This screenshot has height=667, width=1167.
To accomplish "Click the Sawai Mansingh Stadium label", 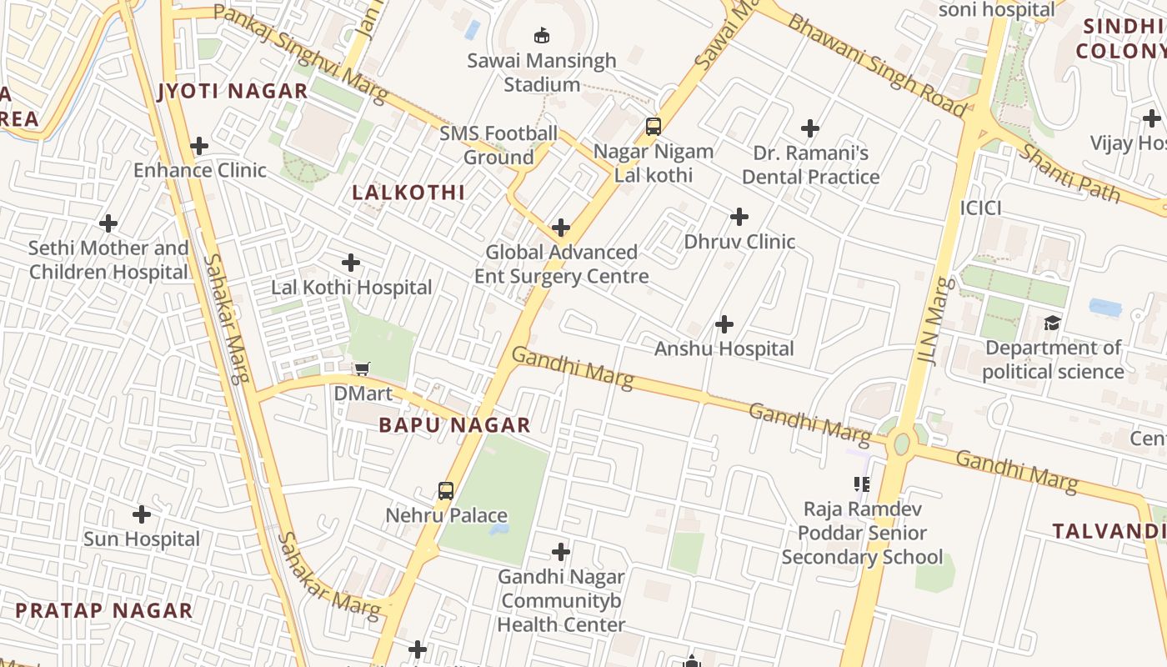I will pos(542,73).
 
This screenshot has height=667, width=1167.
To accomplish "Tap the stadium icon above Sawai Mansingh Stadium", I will pos(542,35).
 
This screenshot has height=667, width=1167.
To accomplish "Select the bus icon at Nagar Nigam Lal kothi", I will pos(654,127).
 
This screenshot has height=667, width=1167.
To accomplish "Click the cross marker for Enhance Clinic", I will pos(199,146).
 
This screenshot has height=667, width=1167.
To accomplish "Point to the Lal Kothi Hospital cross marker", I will pos(351,263).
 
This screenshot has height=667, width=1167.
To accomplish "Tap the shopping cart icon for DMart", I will pos(363,369).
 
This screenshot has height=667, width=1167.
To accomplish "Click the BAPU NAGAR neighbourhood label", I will pos(454,425).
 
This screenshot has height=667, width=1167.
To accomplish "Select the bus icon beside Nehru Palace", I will pos(446,491).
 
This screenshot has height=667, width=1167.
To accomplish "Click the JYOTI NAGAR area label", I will pos(233,91).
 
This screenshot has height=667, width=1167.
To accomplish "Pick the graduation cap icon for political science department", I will pos(1053,323).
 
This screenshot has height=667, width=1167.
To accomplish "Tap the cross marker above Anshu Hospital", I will pos(724,323).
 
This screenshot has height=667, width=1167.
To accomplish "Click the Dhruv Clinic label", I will pos(739,242).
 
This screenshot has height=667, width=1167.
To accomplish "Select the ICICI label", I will pos(980,208).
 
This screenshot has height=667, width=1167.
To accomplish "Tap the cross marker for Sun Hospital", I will pos(142,514).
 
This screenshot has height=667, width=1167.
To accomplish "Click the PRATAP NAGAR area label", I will pos(104,610).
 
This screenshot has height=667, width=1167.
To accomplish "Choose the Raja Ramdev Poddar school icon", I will pos(862,484).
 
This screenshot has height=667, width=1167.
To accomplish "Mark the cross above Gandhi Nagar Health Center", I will pos(561,551).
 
